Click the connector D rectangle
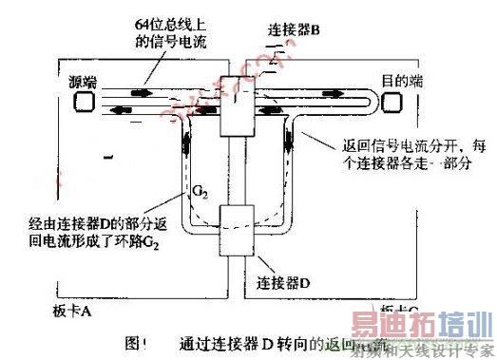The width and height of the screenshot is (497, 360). (234, 229)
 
